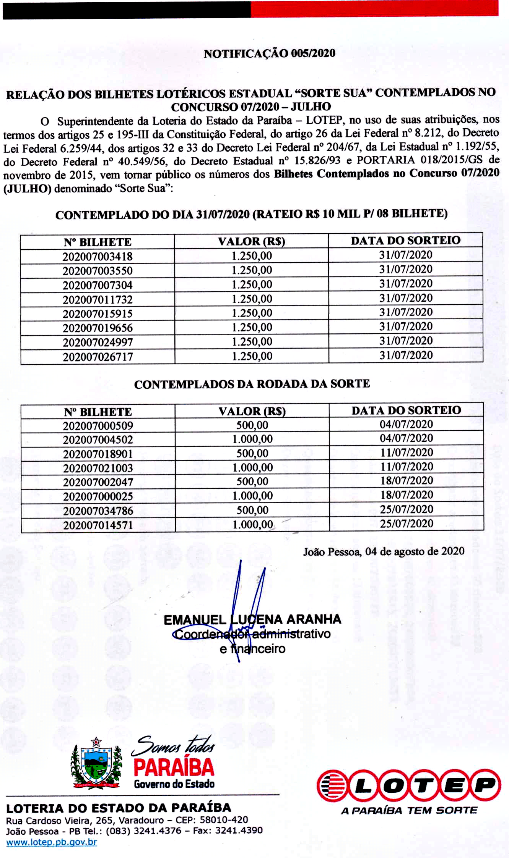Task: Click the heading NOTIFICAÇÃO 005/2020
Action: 269,53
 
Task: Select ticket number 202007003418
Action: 98,256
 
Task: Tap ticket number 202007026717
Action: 98,357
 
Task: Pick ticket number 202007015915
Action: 98,314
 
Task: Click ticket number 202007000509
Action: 98,426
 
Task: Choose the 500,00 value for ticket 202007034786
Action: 252,510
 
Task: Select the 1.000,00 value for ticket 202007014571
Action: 252,524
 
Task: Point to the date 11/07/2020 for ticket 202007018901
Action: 407,453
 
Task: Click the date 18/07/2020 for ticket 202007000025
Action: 407,495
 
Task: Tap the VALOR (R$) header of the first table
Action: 252,241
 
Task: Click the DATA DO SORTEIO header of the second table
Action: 406,410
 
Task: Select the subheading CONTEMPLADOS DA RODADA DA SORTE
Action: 252,384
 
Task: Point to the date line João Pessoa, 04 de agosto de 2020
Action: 384,551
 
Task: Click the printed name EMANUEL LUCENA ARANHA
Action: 252,619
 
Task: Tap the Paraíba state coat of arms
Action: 96,763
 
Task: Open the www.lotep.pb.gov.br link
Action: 52,842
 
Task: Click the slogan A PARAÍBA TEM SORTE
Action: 409,810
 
